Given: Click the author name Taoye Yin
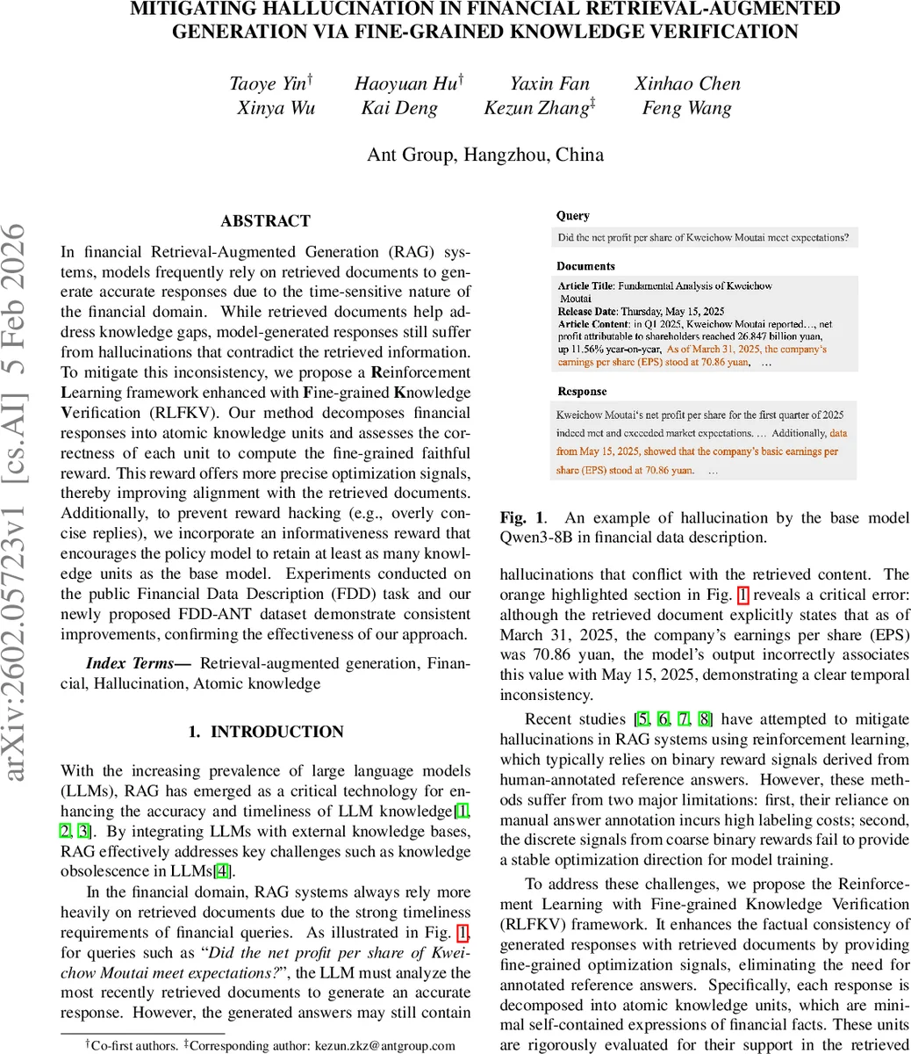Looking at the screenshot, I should point(268,84).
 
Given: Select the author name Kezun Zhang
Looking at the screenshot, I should point(537,109).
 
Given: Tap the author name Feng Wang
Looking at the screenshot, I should point(686,109).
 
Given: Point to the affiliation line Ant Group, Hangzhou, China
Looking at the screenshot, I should point(485,155).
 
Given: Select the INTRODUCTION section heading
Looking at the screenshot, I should point(265,732).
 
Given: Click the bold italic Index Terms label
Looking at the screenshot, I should point(138,663).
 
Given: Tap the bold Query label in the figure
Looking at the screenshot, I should point(573,216).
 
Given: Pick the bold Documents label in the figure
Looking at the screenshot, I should point(585,266).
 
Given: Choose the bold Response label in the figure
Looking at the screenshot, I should point(582,392).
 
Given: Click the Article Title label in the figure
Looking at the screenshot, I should point(586,286).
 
